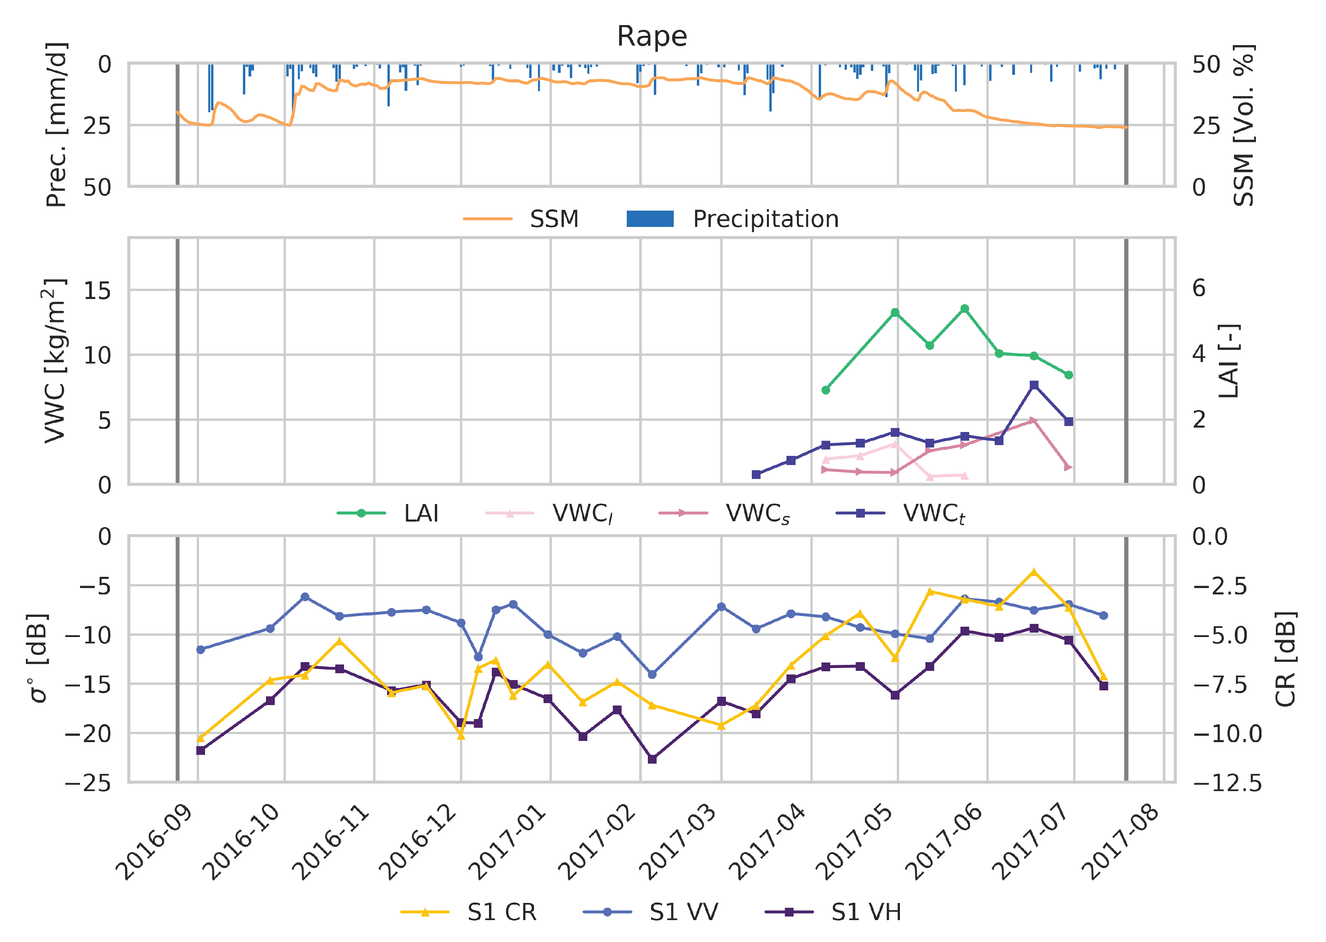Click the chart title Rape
click(651, 37)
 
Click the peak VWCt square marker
click(1034, 385)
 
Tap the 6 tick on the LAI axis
click(1199, 288)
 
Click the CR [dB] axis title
click(1285, 659)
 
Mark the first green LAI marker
click(826, 390)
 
